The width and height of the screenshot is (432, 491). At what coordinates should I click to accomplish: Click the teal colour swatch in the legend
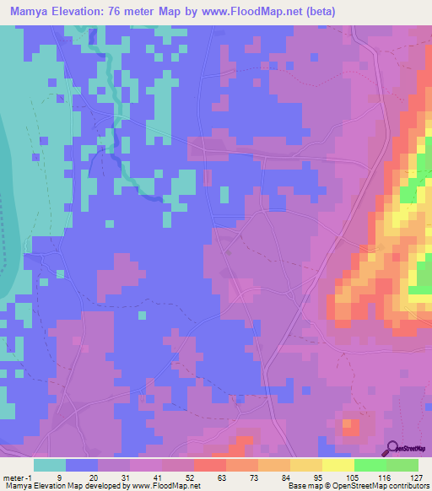pyautogui.click(x=50, y=465)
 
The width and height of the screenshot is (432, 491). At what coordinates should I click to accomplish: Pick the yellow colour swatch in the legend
pyautogui.click(x=337, y=465)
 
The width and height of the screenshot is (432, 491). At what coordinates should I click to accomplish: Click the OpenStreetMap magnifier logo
pyautogui.click(x=392, y=447)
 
